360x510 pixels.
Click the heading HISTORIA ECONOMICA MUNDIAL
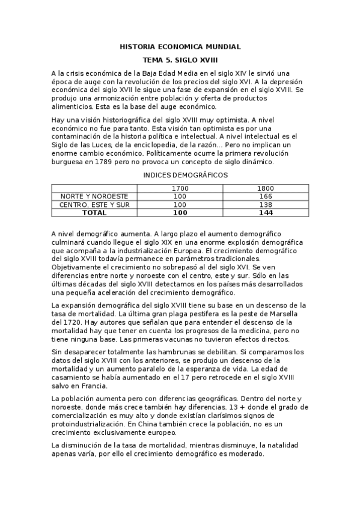pyautogui.click(x=180, y=46)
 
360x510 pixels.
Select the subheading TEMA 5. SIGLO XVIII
pyautogui.click(x=180, y=61)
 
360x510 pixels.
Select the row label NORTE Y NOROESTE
pyautogui.click(x=94, y=197)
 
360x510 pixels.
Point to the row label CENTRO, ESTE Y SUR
pyautogui.click(x=94, y=204)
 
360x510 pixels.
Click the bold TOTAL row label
pyautogui.click(x=94, y=212)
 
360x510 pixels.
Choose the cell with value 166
pyautogui.click(x=265, y=197)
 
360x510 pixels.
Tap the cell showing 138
pyautogui.click(x=265, y=204)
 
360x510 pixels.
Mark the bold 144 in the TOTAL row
pyautogui.click(x=265, y=212)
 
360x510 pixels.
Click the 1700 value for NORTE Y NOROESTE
pyautogui.click(x=180, y=197)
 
